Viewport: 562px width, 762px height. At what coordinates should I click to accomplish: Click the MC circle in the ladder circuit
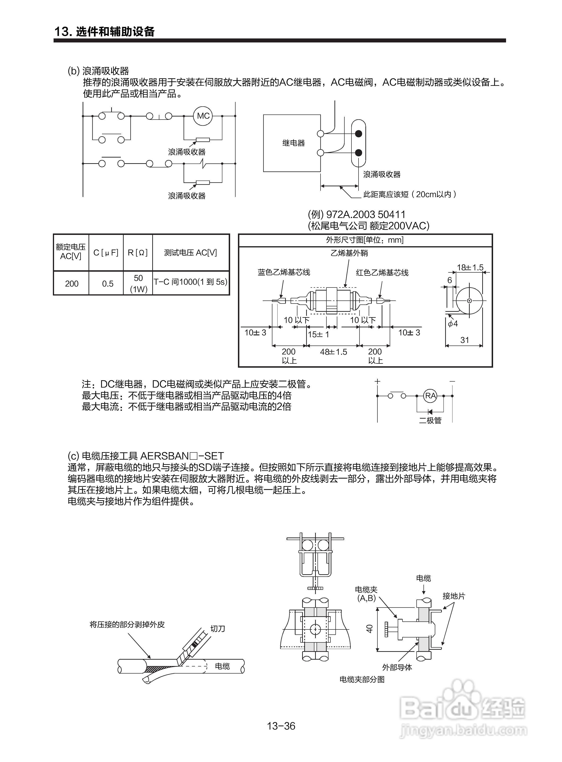[203, 116]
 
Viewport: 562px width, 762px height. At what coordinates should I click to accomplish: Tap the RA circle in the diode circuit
[430, 396]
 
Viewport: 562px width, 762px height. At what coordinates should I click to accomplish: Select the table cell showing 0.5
[107, 283]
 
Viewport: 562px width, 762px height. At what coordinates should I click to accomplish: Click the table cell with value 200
[72, 283]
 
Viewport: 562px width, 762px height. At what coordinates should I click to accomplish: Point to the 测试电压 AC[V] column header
[190, 253]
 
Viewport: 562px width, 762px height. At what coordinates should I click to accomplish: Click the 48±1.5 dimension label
[333, 352]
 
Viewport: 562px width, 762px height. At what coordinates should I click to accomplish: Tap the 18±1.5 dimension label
[470, 267]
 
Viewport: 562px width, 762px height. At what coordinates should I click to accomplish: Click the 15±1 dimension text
[318, 334]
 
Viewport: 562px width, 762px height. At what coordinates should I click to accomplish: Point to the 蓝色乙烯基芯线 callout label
[284, 272]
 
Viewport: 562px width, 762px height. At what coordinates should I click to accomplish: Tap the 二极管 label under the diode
[430, 421]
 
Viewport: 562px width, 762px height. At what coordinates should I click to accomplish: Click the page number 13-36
[281, 726]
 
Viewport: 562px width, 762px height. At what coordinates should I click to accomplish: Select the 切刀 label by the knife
[218, 629]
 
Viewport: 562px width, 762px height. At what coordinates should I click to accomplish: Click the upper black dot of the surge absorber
[358, 133]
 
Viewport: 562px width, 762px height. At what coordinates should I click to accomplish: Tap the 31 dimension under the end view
[464, 340]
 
